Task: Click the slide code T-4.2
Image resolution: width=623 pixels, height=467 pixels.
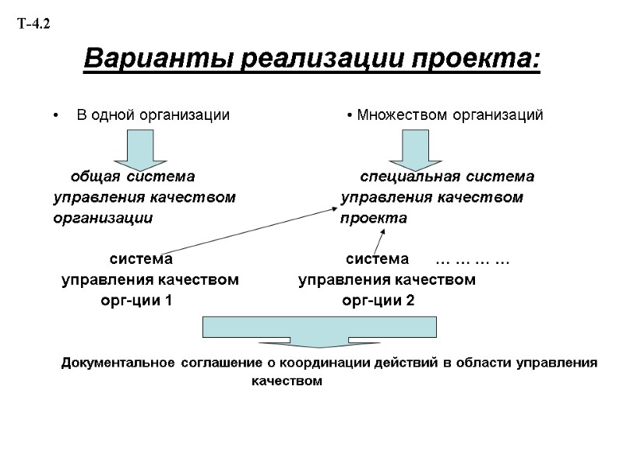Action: coord(33,25)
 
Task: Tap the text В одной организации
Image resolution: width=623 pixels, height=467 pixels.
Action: coord(153,115)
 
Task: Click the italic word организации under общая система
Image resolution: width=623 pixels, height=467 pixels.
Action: coord(102,219)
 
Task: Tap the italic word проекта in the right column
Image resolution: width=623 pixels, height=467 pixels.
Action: coord(373,219)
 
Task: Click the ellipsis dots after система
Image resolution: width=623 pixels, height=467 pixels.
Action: coord(471,258)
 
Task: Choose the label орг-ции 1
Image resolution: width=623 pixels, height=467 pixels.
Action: coord(136,301)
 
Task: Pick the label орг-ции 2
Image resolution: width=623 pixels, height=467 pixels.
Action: coord(378,301)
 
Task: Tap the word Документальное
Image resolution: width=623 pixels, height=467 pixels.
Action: coord(116,363)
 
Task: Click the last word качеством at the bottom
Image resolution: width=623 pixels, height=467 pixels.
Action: coord(287,381)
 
